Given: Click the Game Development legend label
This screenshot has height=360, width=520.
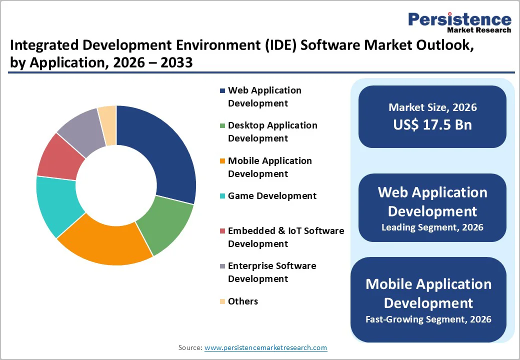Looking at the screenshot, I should (272, 196).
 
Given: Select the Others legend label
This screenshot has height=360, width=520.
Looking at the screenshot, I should (243, 301).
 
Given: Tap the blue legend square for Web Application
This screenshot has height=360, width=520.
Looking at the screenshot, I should (222, 91).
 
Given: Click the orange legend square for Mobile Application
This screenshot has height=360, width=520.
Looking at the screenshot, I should (222, 161).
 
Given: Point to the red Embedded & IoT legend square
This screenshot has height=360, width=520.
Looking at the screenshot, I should (222, 231).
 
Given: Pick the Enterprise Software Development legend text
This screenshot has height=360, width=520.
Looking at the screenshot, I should (272, 272).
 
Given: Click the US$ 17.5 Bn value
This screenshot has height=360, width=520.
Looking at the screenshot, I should (432, 124).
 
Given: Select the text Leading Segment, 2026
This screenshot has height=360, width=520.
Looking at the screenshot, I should (432, 227).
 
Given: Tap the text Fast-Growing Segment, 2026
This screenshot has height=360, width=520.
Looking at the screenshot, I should (428, 319).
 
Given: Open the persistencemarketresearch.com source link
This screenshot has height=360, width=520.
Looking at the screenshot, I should (265, 347).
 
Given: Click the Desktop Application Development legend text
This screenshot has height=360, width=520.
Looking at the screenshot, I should (272, 131).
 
